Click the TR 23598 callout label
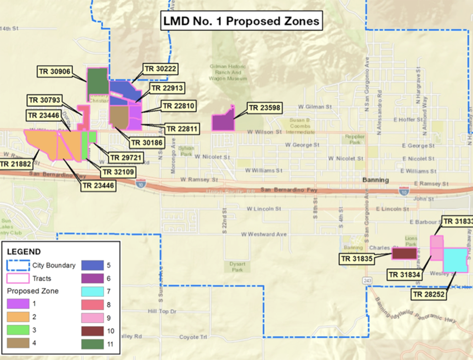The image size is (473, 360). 265,108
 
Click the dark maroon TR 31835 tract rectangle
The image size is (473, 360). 404,253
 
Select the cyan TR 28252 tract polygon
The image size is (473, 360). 455,260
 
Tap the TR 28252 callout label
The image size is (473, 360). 428,295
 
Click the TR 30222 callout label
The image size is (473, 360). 160,69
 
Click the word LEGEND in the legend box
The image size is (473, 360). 24,252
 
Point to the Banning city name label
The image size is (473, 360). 376,180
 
